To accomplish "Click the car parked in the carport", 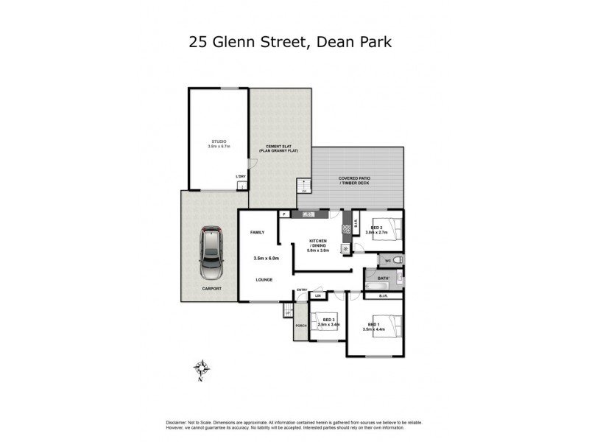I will [x=211, y=251].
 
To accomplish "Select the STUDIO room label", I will [x=218, y=141].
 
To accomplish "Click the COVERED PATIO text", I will [x=357, y=179].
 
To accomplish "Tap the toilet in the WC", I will [x=396, y=260].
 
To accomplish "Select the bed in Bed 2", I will [x=387, y=229].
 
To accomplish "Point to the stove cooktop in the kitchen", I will [x=345, y=229].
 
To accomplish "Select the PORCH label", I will [x=300, y=325].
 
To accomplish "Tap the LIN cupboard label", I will [x=318, y=295].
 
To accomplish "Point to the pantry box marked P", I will [x=283, y=214].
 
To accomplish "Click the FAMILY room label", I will [x=257, y=232].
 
